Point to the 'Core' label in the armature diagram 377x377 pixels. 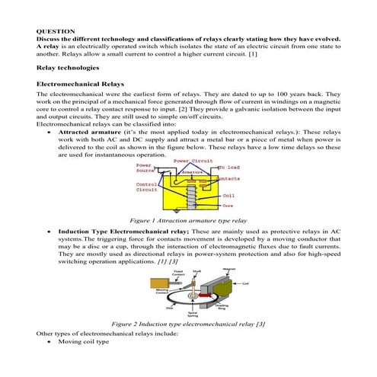(x=227, y=205)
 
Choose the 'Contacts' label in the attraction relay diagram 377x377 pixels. (x=229, y=178)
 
